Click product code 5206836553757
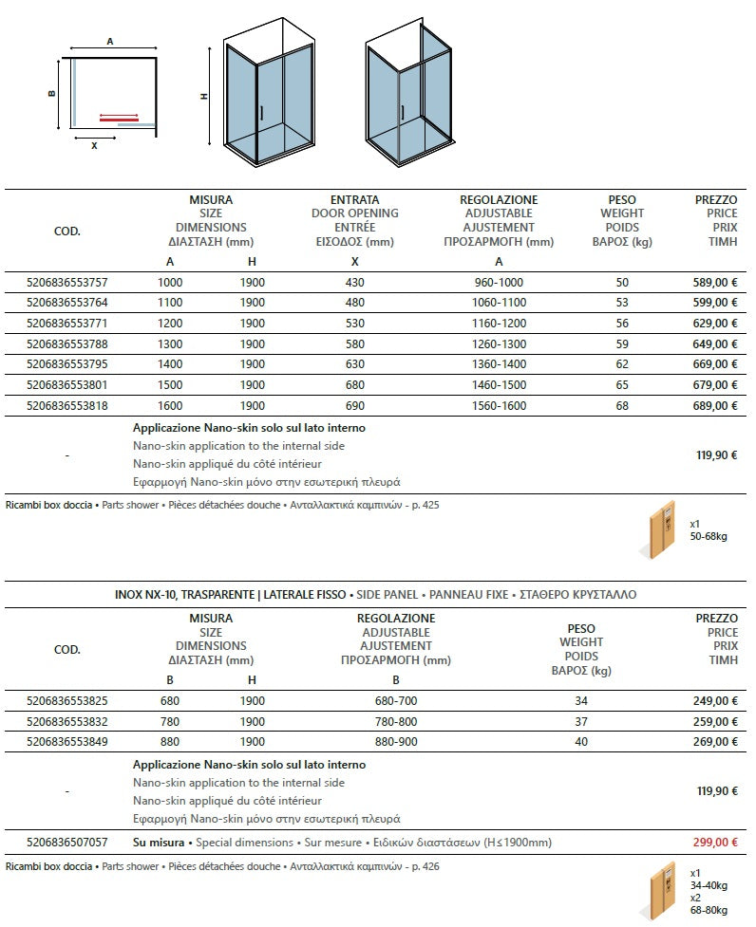click(67, 283)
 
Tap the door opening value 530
click(355, 324)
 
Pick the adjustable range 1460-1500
click(499, 385)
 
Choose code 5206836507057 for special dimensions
click(67, 843)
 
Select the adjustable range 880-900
click(396, 742)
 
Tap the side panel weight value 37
click(581, 722)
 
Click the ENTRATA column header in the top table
click(354, 200)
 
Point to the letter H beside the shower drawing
click(203, 96)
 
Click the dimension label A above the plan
click(110, 42)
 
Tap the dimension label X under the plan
click(94, 146)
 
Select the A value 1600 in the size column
click(170, 406)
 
